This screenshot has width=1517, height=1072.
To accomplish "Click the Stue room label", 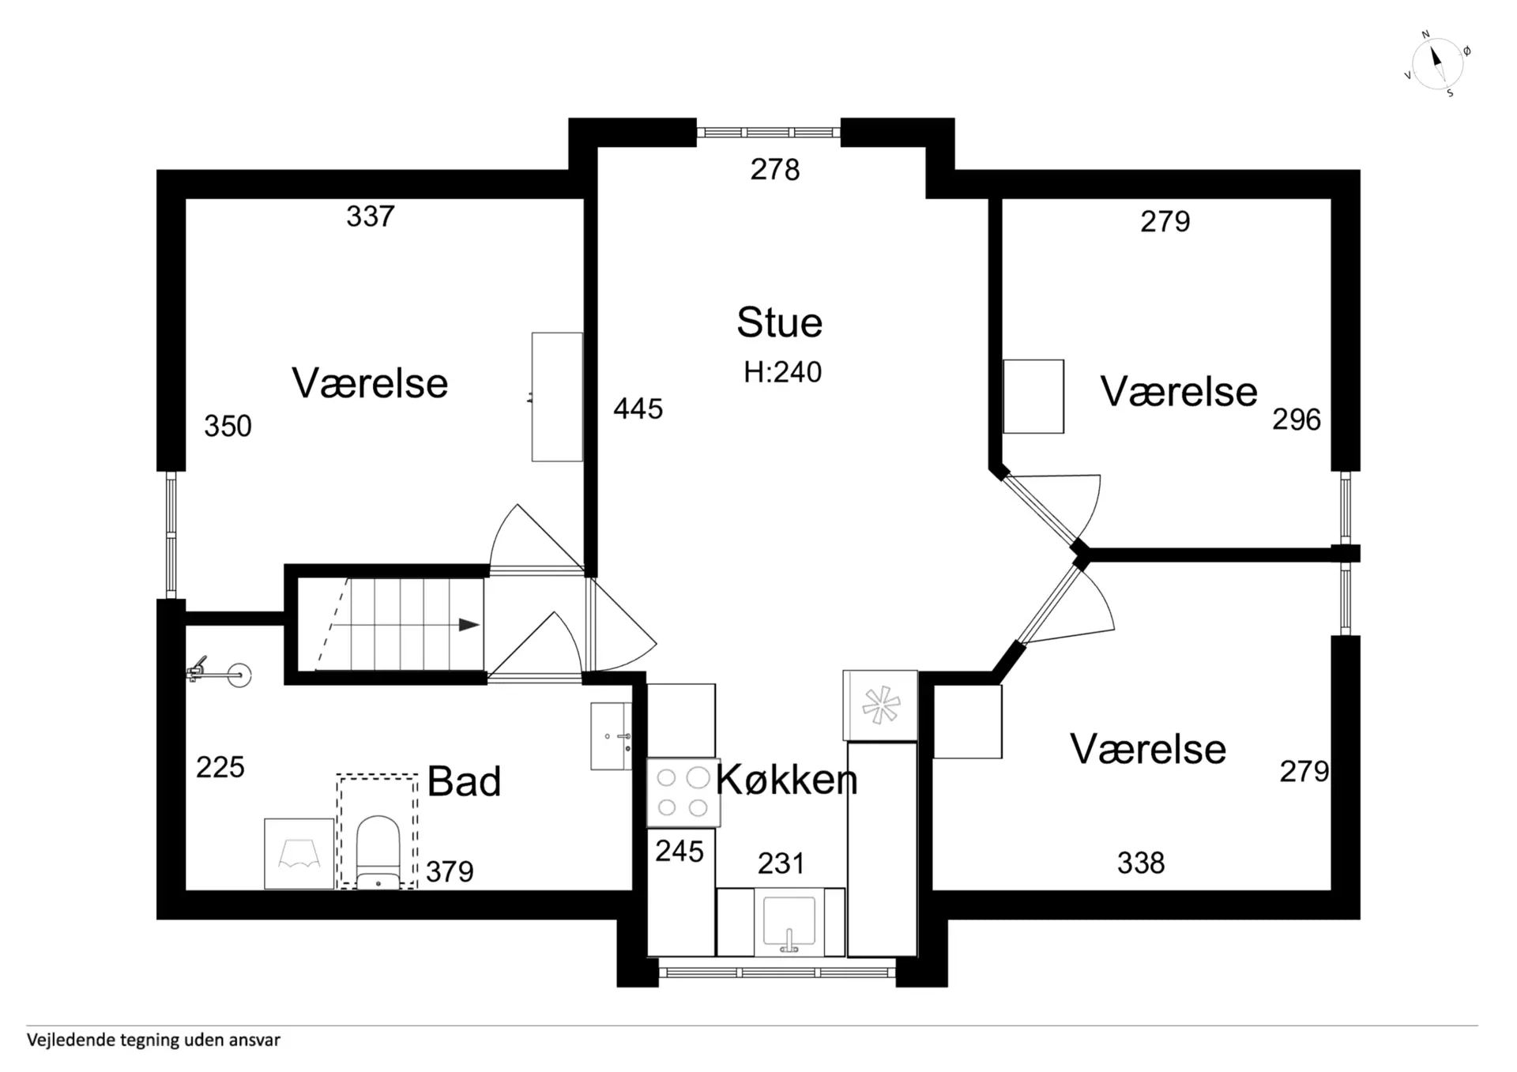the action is [779, 323].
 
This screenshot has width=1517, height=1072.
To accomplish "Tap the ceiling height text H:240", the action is [782, 372].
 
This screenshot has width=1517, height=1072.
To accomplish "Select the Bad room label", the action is [464, 782].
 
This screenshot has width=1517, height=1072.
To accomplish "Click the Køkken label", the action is [786, 780].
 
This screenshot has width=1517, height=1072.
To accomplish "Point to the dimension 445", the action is [638, 409].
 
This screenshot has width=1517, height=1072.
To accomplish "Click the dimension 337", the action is [371, 216].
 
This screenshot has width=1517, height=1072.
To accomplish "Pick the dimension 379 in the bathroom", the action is [450, 872].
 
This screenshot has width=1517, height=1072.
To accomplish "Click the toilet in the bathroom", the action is [378, 852].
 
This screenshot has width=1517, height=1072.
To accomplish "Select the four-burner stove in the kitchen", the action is [683, 792].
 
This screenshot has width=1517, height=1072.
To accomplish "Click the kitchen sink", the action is [789, 922].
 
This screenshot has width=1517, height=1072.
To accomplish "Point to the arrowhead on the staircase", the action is [469, 625].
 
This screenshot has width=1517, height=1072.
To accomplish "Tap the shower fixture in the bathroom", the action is [218, 672].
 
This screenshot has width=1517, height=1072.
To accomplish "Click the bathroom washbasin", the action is [611, 736].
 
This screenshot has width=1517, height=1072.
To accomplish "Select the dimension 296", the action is [1297, 420].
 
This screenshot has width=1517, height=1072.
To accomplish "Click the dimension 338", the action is [1141, 863].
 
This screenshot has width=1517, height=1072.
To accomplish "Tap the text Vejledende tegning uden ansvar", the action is [153, 1040].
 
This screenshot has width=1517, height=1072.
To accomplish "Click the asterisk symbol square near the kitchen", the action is [880, 705].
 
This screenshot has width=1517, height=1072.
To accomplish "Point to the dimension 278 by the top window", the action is [775, 170].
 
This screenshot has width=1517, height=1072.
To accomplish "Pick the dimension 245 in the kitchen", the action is [679, 852].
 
